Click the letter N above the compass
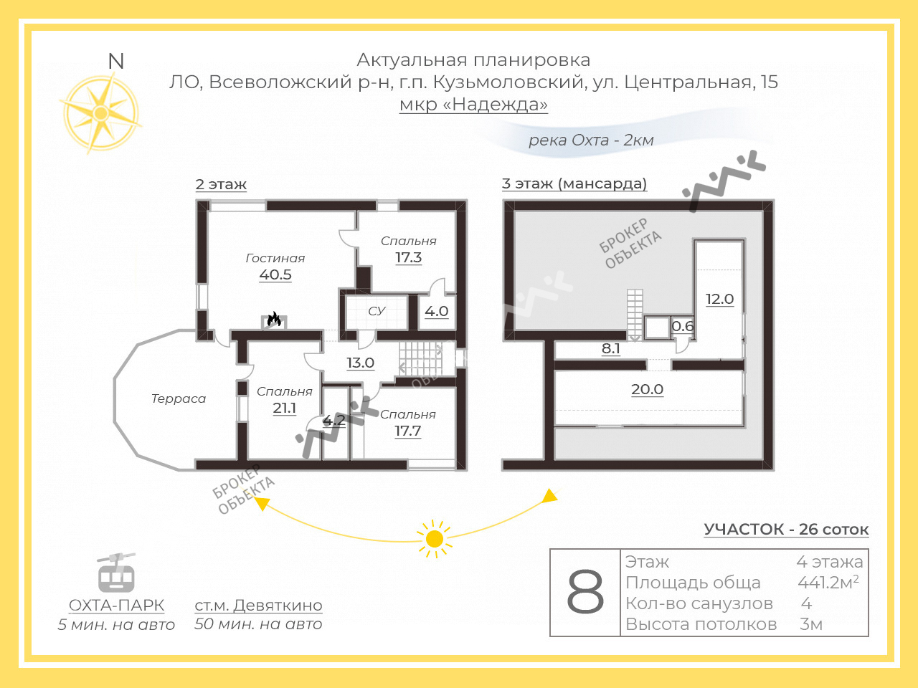click(x=116, y=62)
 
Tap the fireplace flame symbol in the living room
click(x=274, y=319)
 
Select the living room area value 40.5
click(x=275, y=274)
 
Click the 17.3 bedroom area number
click(x=409, y=257)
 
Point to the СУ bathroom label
click(x=377, y=311)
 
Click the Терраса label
click(x=179, y=398)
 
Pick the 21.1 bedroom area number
click(x=285, y=408)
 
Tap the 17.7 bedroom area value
click(x=408, y=431)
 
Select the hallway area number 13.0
click(x=361, y=363)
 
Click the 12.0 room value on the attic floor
click(x=720, y=299)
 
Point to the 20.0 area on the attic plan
click(x=647, y=389)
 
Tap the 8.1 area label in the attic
click(x=610, y=348)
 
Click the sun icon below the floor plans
click(x=435, y=539)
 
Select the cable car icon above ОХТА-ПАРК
click(x=116, y=573)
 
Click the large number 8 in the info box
click(x=585, y=593)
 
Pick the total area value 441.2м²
click(x=828, y=582)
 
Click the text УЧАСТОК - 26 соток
click(x=786, y=530)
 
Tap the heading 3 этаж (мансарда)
click(x=574, y=183)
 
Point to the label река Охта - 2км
click(x=591, y=140)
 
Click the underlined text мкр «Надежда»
click(x=473, y=104)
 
